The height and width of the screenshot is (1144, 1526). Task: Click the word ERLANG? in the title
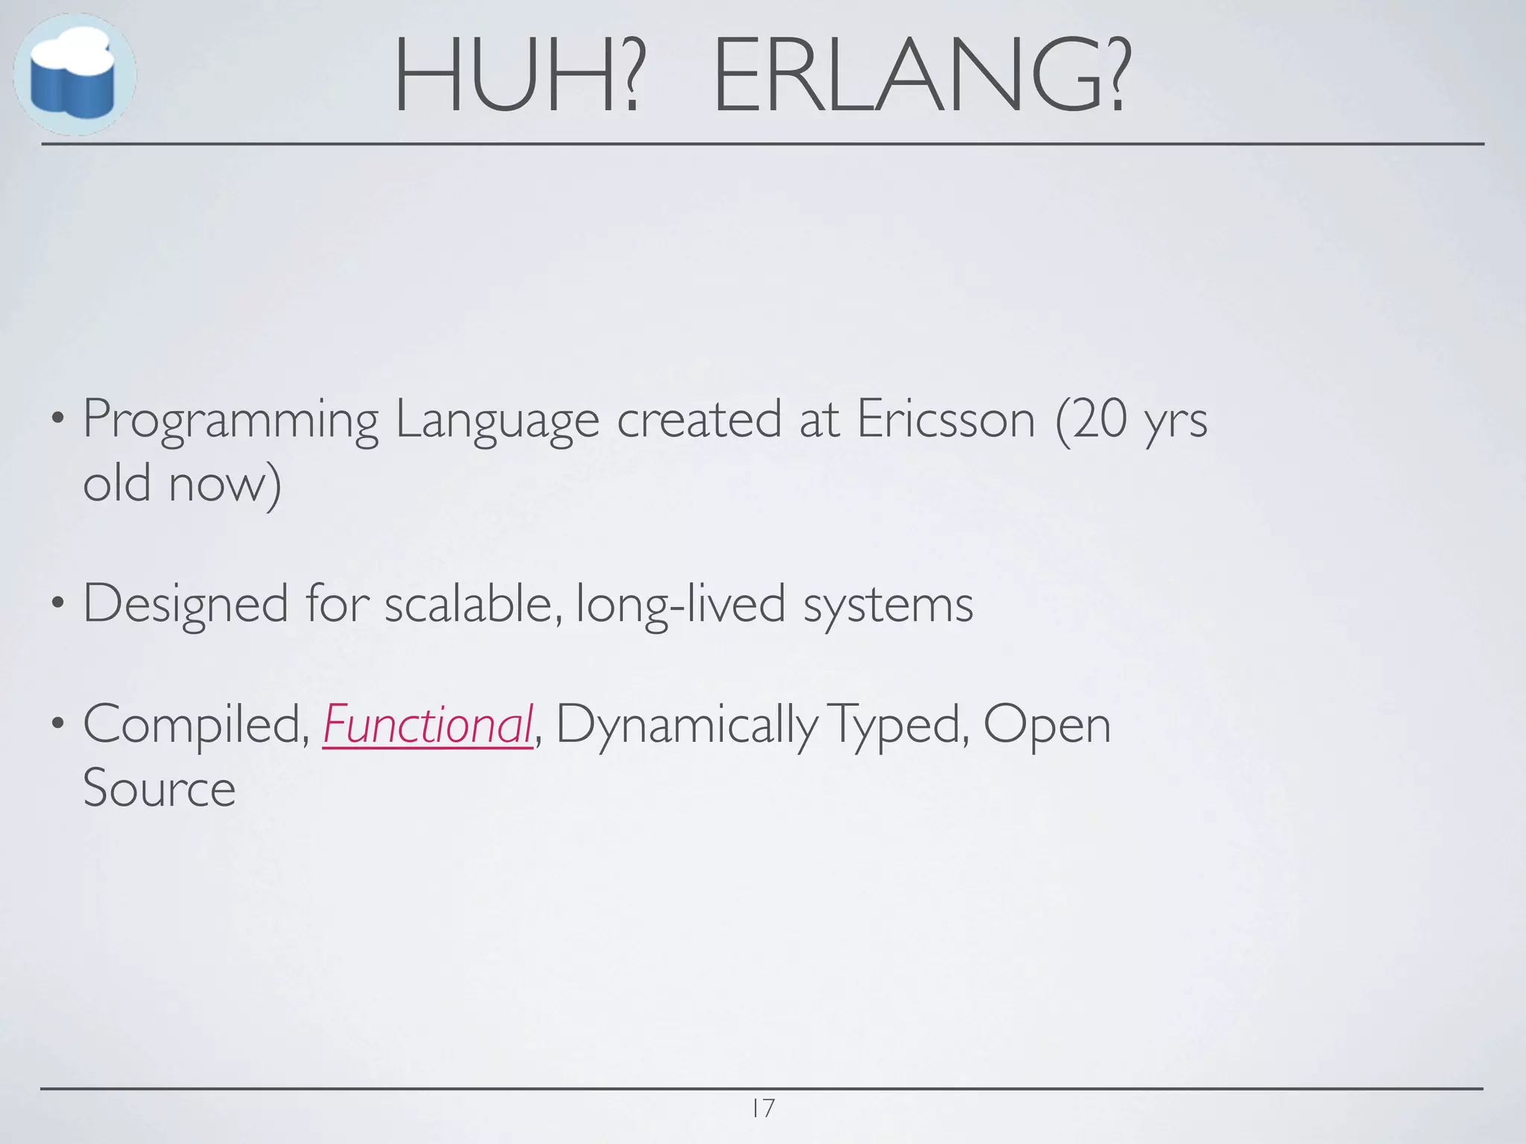922,76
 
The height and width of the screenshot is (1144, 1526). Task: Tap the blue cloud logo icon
74,74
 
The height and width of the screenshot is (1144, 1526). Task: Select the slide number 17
763,1108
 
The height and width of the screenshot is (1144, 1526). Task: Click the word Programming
230,421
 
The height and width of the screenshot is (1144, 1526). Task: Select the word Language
497,421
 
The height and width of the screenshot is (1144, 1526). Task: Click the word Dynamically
686,725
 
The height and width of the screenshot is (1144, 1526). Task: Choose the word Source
159,788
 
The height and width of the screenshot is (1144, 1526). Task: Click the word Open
1047,725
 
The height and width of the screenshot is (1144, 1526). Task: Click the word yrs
1177,422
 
